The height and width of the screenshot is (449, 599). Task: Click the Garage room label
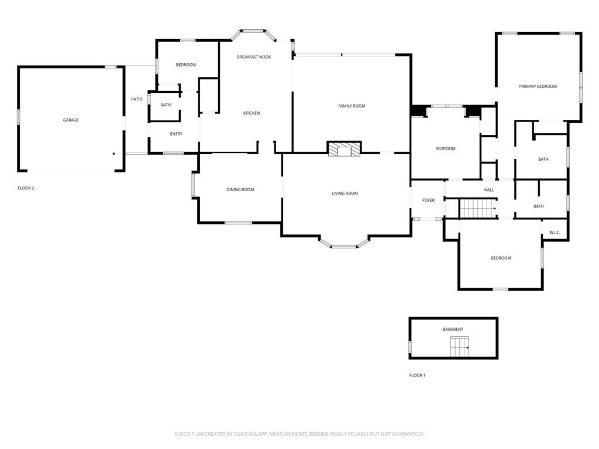(71, 120)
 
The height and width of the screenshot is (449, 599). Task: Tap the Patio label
(136, 99)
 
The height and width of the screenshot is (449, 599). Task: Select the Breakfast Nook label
(254, 57)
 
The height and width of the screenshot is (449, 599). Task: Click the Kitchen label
(252, 113)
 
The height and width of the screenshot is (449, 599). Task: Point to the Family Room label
(352, 106)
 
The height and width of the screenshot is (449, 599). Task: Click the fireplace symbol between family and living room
(344, 150)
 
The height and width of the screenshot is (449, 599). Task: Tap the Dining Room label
(240, 189)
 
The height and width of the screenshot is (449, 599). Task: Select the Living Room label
(345, 193)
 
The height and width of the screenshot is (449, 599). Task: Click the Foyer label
(428, 200)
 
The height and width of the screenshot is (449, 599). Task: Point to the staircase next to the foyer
(477, 208)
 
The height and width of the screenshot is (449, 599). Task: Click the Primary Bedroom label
(538, 86)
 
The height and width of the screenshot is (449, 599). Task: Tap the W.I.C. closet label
(555, 233)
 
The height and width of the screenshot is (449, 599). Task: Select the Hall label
(489, 189)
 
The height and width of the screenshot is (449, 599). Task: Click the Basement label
(453, 329)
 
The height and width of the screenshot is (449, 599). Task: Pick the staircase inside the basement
(460, 347)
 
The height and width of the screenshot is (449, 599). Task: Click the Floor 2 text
(26, 188)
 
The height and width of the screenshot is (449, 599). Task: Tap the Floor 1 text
(417, 375)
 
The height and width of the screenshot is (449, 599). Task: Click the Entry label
(176, 134)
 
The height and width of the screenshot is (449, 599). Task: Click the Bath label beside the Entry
(166, 105)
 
